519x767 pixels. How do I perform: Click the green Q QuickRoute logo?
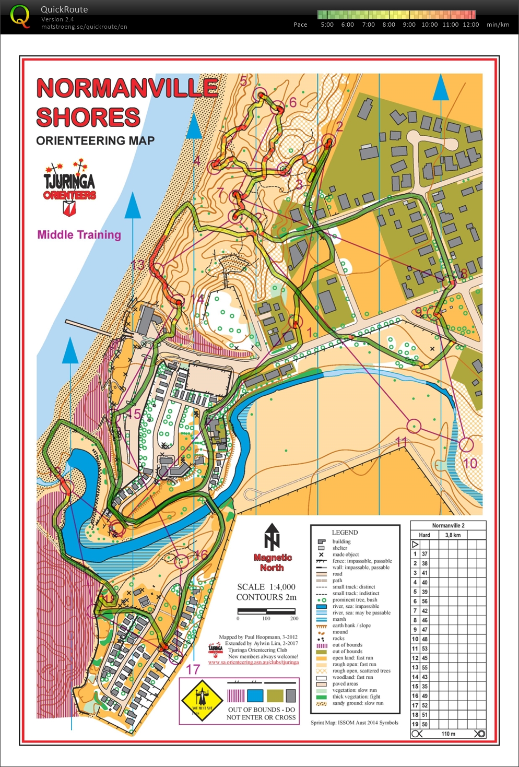coord(20,16)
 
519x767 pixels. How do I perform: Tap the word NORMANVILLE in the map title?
coord(127,88)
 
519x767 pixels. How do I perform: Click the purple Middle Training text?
coord(79,235)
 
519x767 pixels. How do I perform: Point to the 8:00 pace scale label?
coord(388,25)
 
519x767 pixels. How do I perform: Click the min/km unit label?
coord(497,25)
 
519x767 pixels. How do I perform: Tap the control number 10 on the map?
coord(470,463)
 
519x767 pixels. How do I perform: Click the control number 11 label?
coord(401,442)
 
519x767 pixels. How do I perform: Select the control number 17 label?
coord(193,669)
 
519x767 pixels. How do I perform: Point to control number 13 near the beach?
coord(138,265)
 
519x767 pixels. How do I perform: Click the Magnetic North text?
coord(272,562)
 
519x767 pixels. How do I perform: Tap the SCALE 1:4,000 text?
coord(266,587)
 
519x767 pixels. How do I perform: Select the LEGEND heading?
coord(345,533)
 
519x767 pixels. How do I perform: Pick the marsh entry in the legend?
coord(339,619)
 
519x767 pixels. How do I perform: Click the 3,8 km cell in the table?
coord(453,535)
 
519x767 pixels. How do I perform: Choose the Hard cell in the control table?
coord(424,535)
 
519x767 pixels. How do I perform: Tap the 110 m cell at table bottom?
coord(448,734)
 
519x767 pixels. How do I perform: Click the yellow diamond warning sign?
coord(202,700)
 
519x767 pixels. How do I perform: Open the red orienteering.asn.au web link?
coord(253,662)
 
